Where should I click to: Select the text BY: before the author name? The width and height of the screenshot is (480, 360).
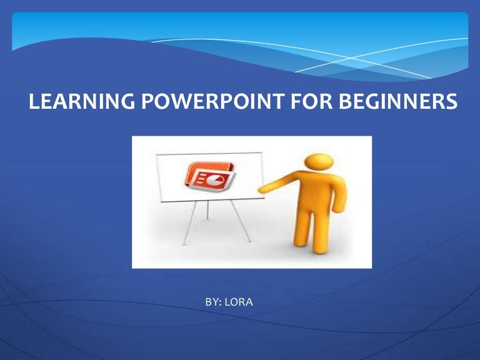point(214,302)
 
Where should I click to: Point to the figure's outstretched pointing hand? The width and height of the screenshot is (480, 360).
point(264,187)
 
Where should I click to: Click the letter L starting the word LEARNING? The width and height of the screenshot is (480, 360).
point(34,102)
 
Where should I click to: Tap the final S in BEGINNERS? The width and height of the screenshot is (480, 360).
point(444,102)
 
